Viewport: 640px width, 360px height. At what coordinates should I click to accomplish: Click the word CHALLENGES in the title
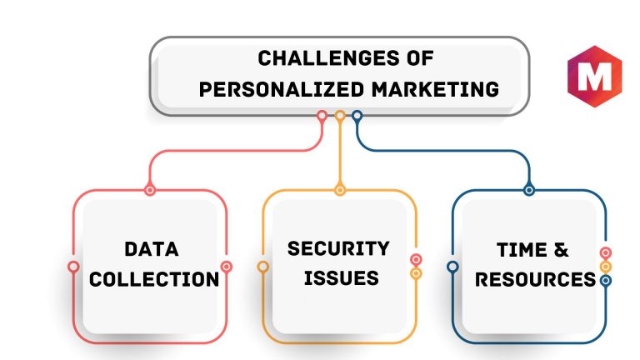pos(328,58)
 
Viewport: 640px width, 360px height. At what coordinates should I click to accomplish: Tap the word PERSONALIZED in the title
pos(281,89)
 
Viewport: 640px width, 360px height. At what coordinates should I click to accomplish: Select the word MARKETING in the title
pos(435,89)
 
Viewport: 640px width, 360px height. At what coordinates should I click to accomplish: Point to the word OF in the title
pos(420,58)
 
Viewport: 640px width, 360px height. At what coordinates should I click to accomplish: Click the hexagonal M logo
pos(595,77)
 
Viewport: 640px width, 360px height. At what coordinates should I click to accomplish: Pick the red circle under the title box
pos(322,116)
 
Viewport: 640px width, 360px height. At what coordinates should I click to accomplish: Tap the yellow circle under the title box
pos(340,116)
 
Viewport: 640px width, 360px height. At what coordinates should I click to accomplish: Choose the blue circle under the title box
pos(357,116)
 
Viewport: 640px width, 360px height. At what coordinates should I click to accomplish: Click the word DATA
pos(152,249)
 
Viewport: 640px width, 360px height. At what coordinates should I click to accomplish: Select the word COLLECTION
pos(154,280)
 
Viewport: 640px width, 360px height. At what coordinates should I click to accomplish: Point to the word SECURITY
pos(338,248)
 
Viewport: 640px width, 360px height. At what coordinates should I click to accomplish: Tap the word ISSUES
pos(341,278)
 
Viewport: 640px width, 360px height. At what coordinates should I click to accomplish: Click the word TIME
pos(522,250)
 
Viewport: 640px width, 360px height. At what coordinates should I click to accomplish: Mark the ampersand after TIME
pos(561,250)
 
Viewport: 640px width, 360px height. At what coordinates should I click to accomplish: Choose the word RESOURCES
pos(536,280)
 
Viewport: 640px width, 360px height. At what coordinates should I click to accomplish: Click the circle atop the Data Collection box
pos(150,190)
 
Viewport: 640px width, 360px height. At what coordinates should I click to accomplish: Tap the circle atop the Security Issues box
pos(340,190)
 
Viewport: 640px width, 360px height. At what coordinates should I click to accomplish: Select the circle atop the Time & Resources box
pos(529,190)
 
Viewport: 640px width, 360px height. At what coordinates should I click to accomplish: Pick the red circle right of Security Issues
pos(416,260)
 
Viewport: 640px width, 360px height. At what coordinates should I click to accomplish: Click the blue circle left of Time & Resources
pos(452,267)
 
